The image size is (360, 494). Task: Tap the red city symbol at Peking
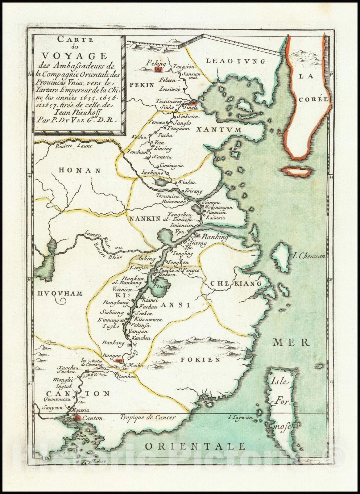(x=158, y=70)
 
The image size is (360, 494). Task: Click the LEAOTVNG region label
(x=235, y=61)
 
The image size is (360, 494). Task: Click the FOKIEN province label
(x=200, y=360)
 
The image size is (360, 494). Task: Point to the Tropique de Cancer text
(x=148, y=417)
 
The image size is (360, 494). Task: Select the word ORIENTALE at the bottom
(x=195, y=446)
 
